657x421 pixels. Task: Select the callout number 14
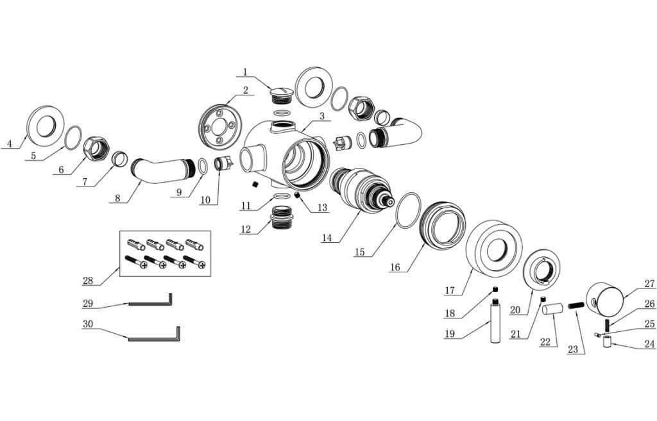(x=327, y=237)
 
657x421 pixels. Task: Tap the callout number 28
(x=88, y=280)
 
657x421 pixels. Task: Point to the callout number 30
(x=88, y=324)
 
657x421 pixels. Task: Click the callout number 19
(x=451, y=334)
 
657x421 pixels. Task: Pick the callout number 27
(x=649, y=283)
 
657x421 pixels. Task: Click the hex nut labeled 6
(x=96, y=149)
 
